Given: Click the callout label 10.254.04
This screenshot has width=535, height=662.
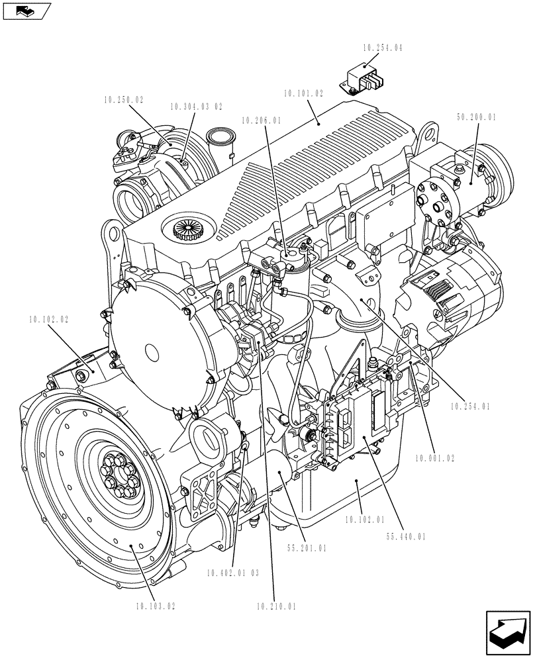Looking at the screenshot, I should coord(383,48).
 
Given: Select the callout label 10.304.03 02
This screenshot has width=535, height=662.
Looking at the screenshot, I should coord(196,106).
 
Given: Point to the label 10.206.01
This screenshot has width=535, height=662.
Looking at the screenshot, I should coord(262,121).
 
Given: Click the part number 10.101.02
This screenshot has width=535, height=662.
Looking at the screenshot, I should coord(304,94).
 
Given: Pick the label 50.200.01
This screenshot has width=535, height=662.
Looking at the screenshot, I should coord(476,117).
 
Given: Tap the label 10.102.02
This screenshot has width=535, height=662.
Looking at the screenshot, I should coord(48,319).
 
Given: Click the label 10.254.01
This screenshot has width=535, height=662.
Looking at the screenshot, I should coord(470,407).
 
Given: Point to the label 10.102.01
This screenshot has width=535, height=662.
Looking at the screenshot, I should coord(365,520).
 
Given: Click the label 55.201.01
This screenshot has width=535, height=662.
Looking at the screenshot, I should coord(307,548).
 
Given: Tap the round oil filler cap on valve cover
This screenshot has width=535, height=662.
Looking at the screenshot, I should coord(186,230).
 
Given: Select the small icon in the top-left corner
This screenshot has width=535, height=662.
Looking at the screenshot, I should coord(26,10).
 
